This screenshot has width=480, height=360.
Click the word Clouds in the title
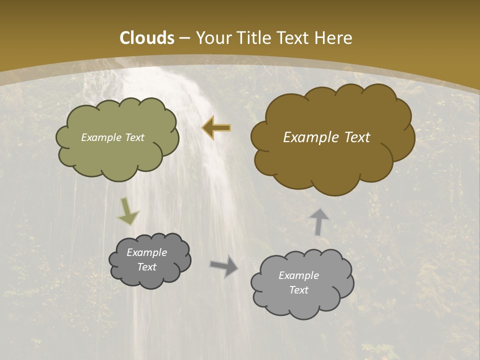(147, 38)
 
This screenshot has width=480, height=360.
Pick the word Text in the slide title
(293, 38)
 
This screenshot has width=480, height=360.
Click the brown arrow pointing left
(216, 128)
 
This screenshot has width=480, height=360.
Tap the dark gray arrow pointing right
(224, 266)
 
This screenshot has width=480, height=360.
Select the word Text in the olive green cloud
(134, 137)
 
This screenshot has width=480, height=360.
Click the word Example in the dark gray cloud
(146, 252)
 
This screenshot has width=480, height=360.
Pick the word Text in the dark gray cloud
(146, 267)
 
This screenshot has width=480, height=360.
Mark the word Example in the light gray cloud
(298, 275)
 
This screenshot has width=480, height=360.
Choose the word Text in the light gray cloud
(298, 290)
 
